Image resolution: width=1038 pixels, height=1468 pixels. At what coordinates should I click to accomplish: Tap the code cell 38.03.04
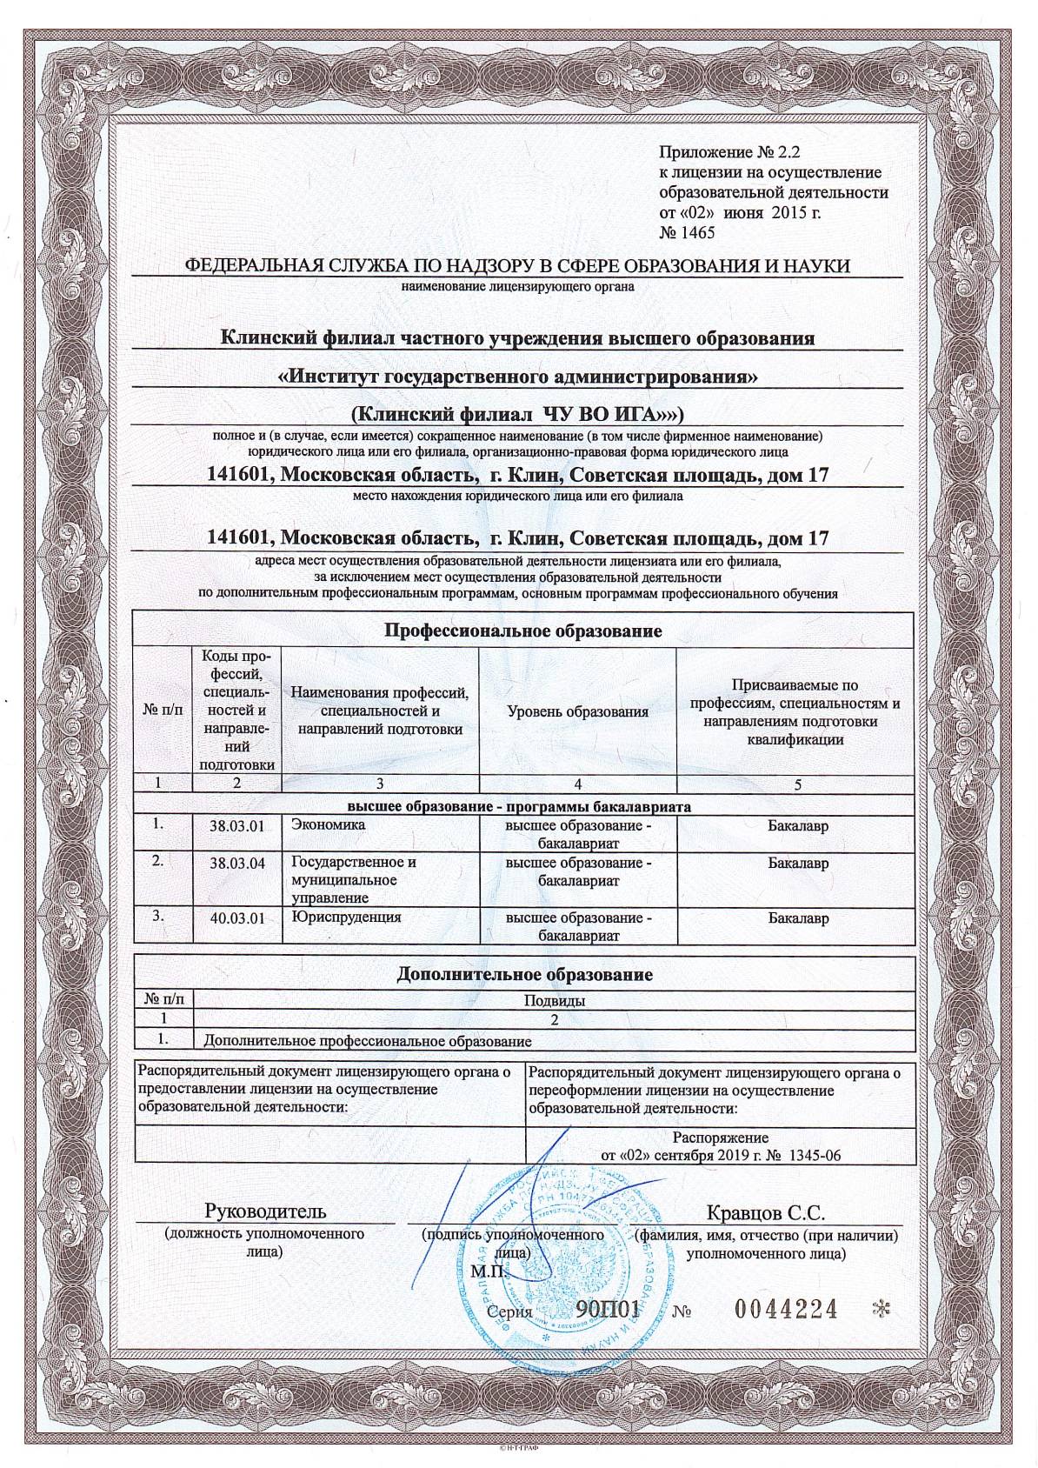pos(236,864)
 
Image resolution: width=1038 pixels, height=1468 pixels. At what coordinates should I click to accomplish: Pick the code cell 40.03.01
pos(236,918)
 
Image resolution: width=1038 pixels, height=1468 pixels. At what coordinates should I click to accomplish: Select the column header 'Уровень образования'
pos(577,711)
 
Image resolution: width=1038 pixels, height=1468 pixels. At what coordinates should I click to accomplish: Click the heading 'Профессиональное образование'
pos(523,631)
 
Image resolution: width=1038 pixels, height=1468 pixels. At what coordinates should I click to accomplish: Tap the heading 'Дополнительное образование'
pos(524,974)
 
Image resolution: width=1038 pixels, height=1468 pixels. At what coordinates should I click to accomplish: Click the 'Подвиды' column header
pos(554,1000)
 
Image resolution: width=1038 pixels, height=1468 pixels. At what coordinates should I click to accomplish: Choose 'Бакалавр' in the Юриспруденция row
pos(798,918)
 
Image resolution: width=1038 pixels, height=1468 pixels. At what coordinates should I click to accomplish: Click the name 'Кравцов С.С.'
pos(766,1212)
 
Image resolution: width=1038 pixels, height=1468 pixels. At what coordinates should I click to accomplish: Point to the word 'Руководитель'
pos(265,1211)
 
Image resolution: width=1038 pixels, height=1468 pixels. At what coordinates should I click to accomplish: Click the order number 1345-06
pos(815,1155)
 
